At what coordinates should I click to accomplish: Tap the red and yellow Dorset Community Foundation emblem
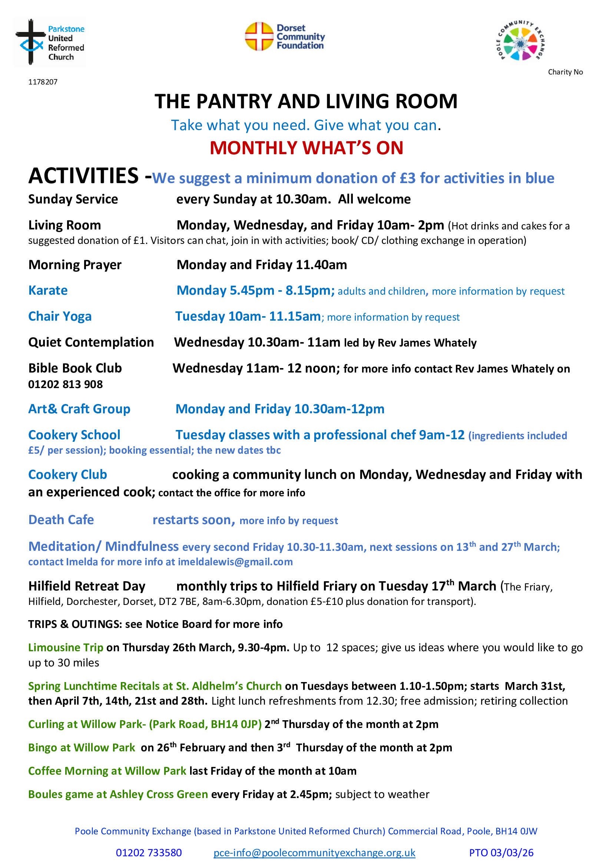pyautogui.click(x=259, y=36)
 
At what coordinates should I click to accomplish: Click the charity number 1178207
pyautogui.click(x=43, y=82)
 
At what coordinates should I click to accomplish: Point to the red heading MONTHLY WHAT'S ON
pyautogui.click(x=306, y=148)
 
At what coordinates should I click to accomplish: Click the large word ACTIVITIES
pyautogui.click(x=83, y=176)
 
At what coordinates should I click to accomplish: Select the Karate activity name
pyautogui.click(x=48, y=290)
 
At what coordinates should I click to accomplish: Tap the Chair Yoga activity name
pyautogui.click(x=60, y=317)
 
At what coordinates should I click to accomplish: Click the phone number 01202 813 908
pyautogui.click(x=65, y=384)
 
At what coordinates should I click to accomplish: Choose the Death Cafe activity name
pyautogui.click(x=61, y=520)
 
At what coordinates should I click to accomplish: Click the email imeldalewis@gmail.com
pyautogui.click(x=235, y=562)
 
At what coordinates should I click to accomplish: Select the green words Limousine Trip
pyautogui.click(x=66, y=648)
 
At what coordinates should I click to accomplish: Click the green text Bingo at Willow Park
pyautogui.click(x=82, y=748)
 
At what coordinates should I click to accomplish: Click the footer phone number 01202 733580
pyautogui.click(x=149, y=853)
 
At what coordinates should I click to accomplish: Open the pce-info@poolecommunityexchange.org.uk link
pyautogui.click(x=314, y=853)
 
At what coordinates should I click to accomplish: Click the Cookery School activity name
pyautogui.click(x=74, y=435)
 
